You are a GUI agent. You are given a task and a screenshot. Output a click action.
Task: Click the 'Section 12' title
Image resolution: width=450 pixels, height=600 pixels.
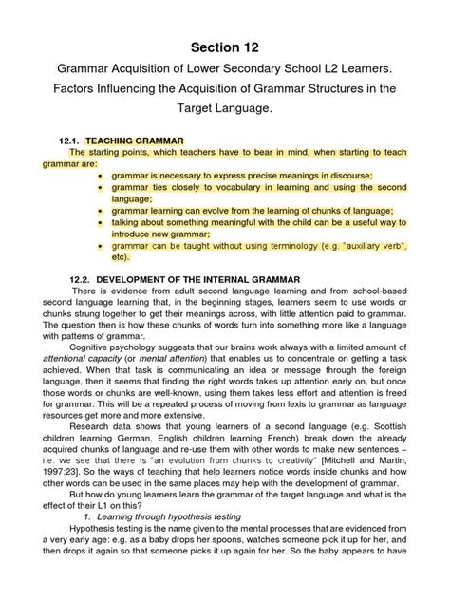[x=224, y=47]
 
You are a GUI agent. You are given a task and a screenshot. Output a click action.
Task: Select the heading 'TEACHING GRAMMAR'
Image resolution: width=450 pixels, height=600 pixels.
[x=153, y=140]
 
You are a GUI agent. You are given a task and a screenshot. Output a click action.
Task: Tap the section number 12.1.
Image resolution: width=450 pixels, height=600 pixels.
[x=75, y=140]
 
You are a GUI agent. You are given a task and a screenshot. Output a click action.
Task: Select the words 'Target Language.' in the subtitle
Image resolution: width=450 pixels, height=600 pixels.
[x=225, y=110]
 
